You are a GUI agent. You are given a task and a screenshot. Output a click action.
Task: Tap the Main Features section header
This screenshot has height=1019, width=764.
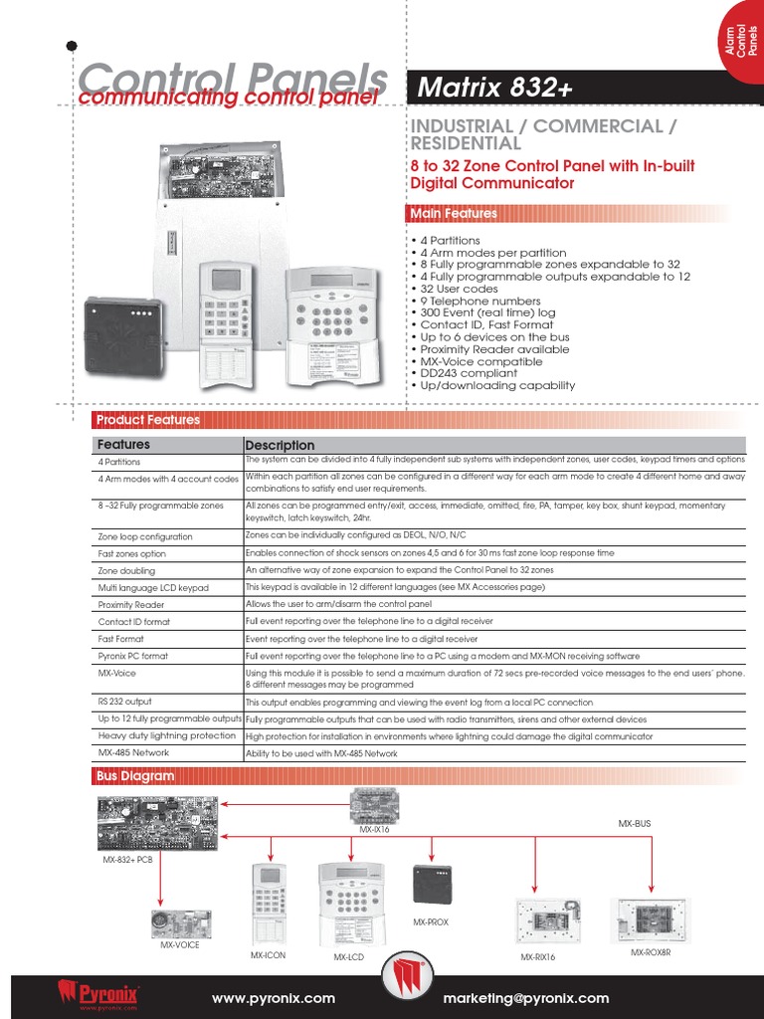tap(453, 213)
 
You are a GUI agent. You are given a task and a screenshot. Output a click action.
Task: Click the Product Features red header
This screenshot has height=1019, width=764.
tap(147, 420)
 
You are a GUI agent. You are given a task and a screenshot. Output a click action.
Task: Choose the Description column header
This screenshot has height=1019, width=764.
tap(280, 445)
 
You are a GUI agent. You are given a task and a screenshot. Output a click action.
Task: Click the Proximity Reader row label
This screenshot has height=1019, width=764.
tap(130, 604)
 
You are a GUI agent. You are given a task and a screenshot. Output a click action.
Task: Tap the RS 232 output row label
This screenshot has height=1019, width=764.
tap(123, 702)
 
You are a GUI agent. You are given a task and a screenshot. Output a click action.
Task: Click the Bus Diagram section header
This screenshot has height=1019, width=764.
tap(134, 775)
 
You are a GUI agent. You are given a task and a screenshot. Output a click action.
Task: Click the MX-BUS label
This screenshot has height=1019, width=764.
tap(634, 824)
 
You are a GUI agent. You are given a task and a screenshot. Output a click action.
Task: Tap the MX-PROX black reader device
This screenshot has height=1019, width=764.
tap(431, 884)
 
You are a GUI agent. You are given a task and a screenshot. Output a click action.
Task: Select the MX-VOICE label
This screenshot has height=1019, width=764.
tap(179, 944)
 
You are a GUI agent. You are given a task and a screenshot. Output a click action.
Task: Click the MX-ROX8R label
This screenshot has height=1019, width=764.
tap(651, 952)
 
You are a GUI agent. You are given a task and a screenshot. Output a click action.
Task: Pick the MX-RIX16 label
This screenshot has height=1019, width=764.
tap(537, 956)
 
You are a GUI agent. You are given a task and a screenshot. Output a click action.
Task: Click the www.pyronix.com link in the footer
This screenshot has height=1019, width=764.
tap(274, 998)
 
